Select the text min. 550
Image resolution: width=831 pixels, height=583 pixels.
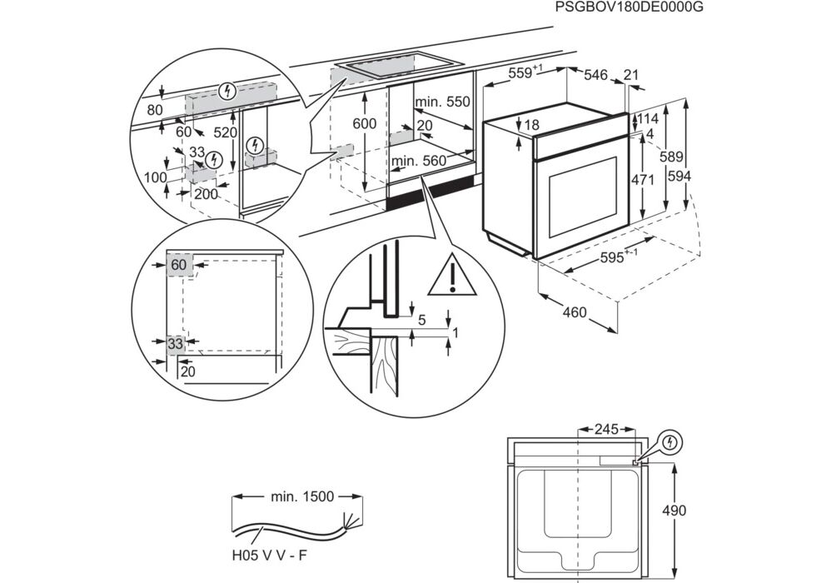(444, 102)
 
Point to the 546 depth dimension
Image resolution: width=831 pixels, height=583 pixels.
(595, 75)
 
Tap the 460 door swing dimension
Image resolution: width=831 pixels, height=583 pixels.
(575, 312)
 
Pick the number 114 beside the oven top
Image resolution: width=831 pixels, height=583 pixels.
(647, 118)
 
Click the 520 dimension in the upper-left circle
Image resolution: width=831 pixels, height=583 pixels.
(226, 132)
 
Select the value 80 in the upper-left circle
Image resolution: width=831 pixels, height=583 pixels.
(155, 109)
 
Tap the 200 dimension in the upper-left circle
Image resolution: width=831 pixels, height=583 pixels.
(204, 194)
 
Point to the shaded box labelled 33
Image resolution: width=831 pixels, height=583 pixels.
(176, 343)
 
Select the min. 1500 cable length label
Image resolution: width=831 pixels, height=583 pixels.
(301, 496)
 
